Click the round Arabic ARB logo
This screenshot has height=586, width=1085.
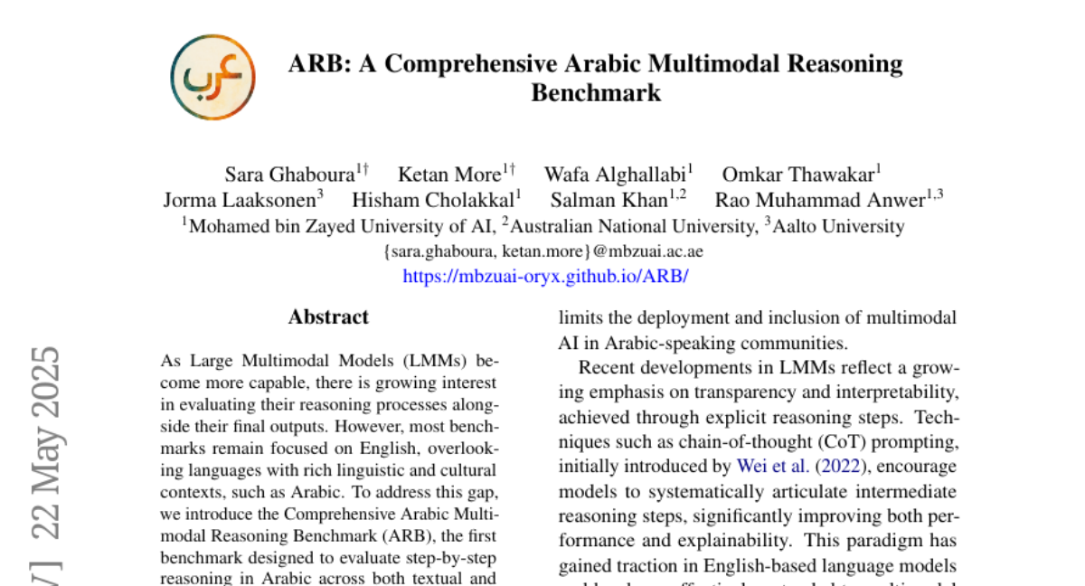(212, 78)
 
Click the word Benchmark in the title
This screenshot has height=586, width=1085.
(596, 92)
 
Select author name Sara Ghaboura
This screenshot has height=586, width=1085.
(288, 175)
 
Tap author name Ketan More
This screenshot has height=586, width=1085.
(449, 175)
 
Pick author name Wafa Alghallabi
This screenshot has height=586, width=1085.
(615, 175)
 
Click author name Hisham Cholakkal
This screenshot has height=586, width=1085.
(433, 200)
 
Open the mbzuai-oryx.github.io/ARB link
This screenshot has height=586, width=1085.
(545, 276)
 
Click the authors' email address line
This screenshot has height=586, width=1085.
(543, 251)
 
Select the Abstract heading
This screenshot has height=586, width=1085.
(328, 317)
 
